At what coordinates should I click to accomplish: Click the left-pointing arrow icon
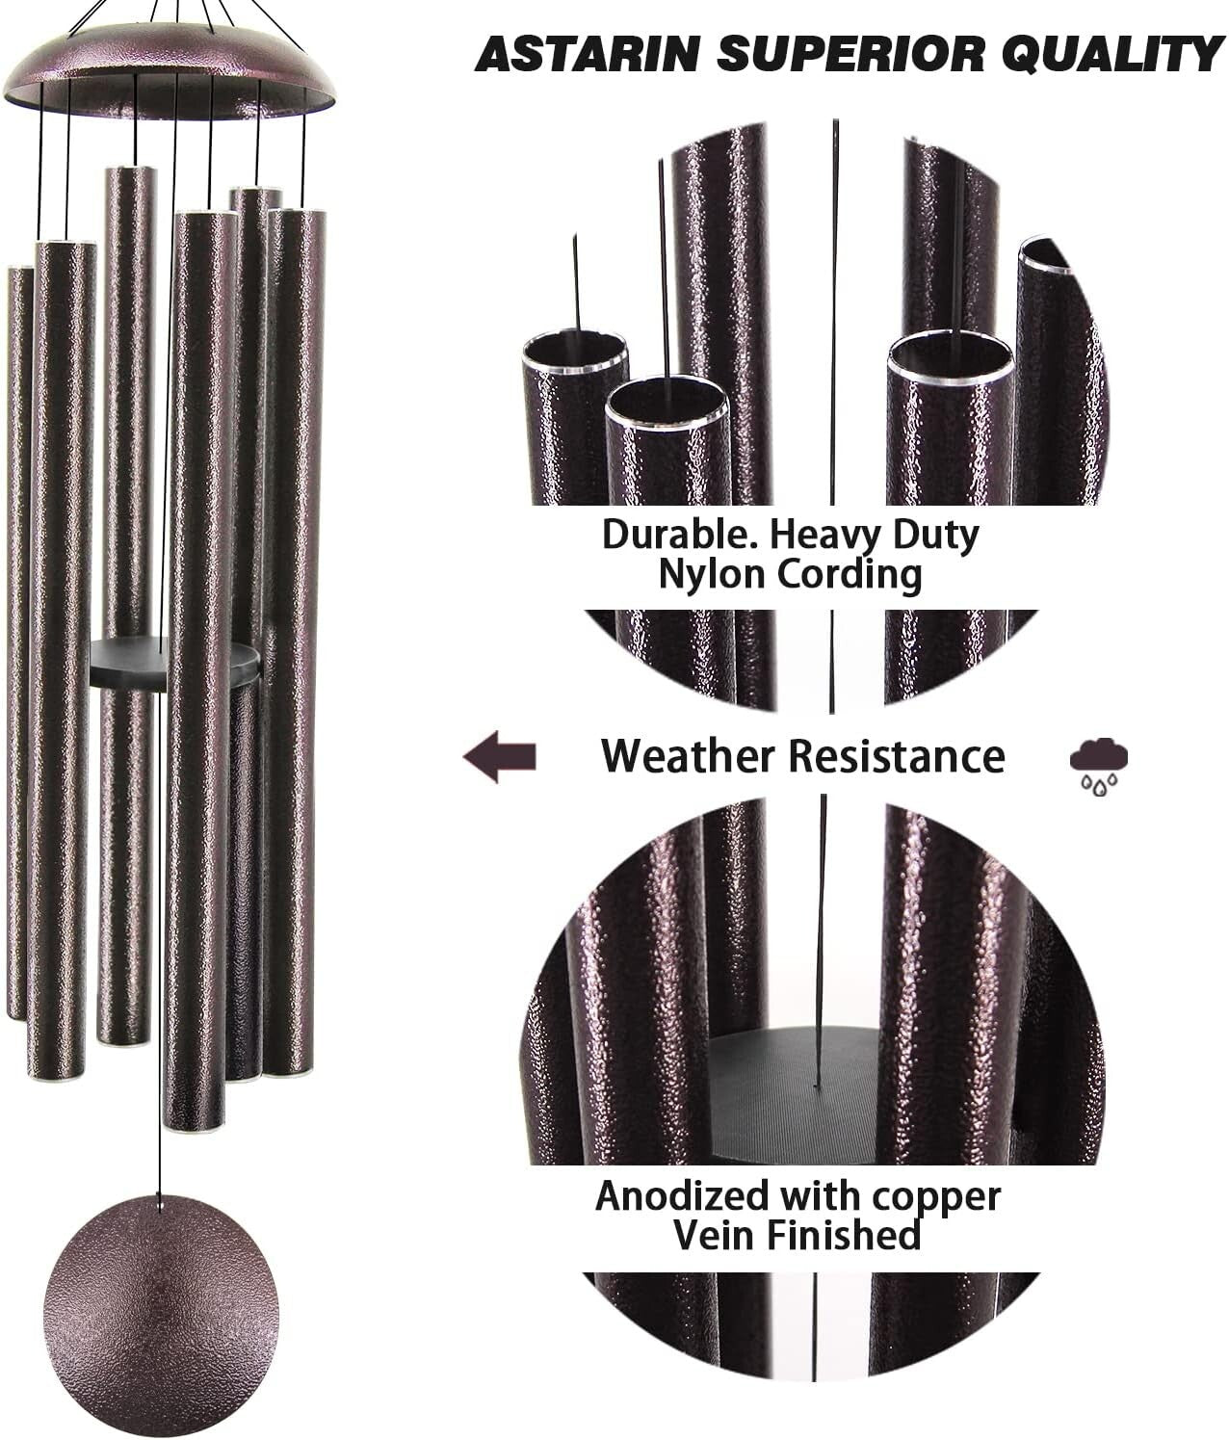(499, 756)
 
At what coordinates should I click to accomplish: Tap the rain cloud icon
(1098, 763)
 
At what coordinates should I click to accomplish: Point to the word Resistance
(897, 756)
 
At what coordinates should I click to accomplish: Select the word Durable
(666, 534)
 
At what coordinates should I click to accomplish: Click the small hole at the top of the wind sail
(161, 1200)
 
